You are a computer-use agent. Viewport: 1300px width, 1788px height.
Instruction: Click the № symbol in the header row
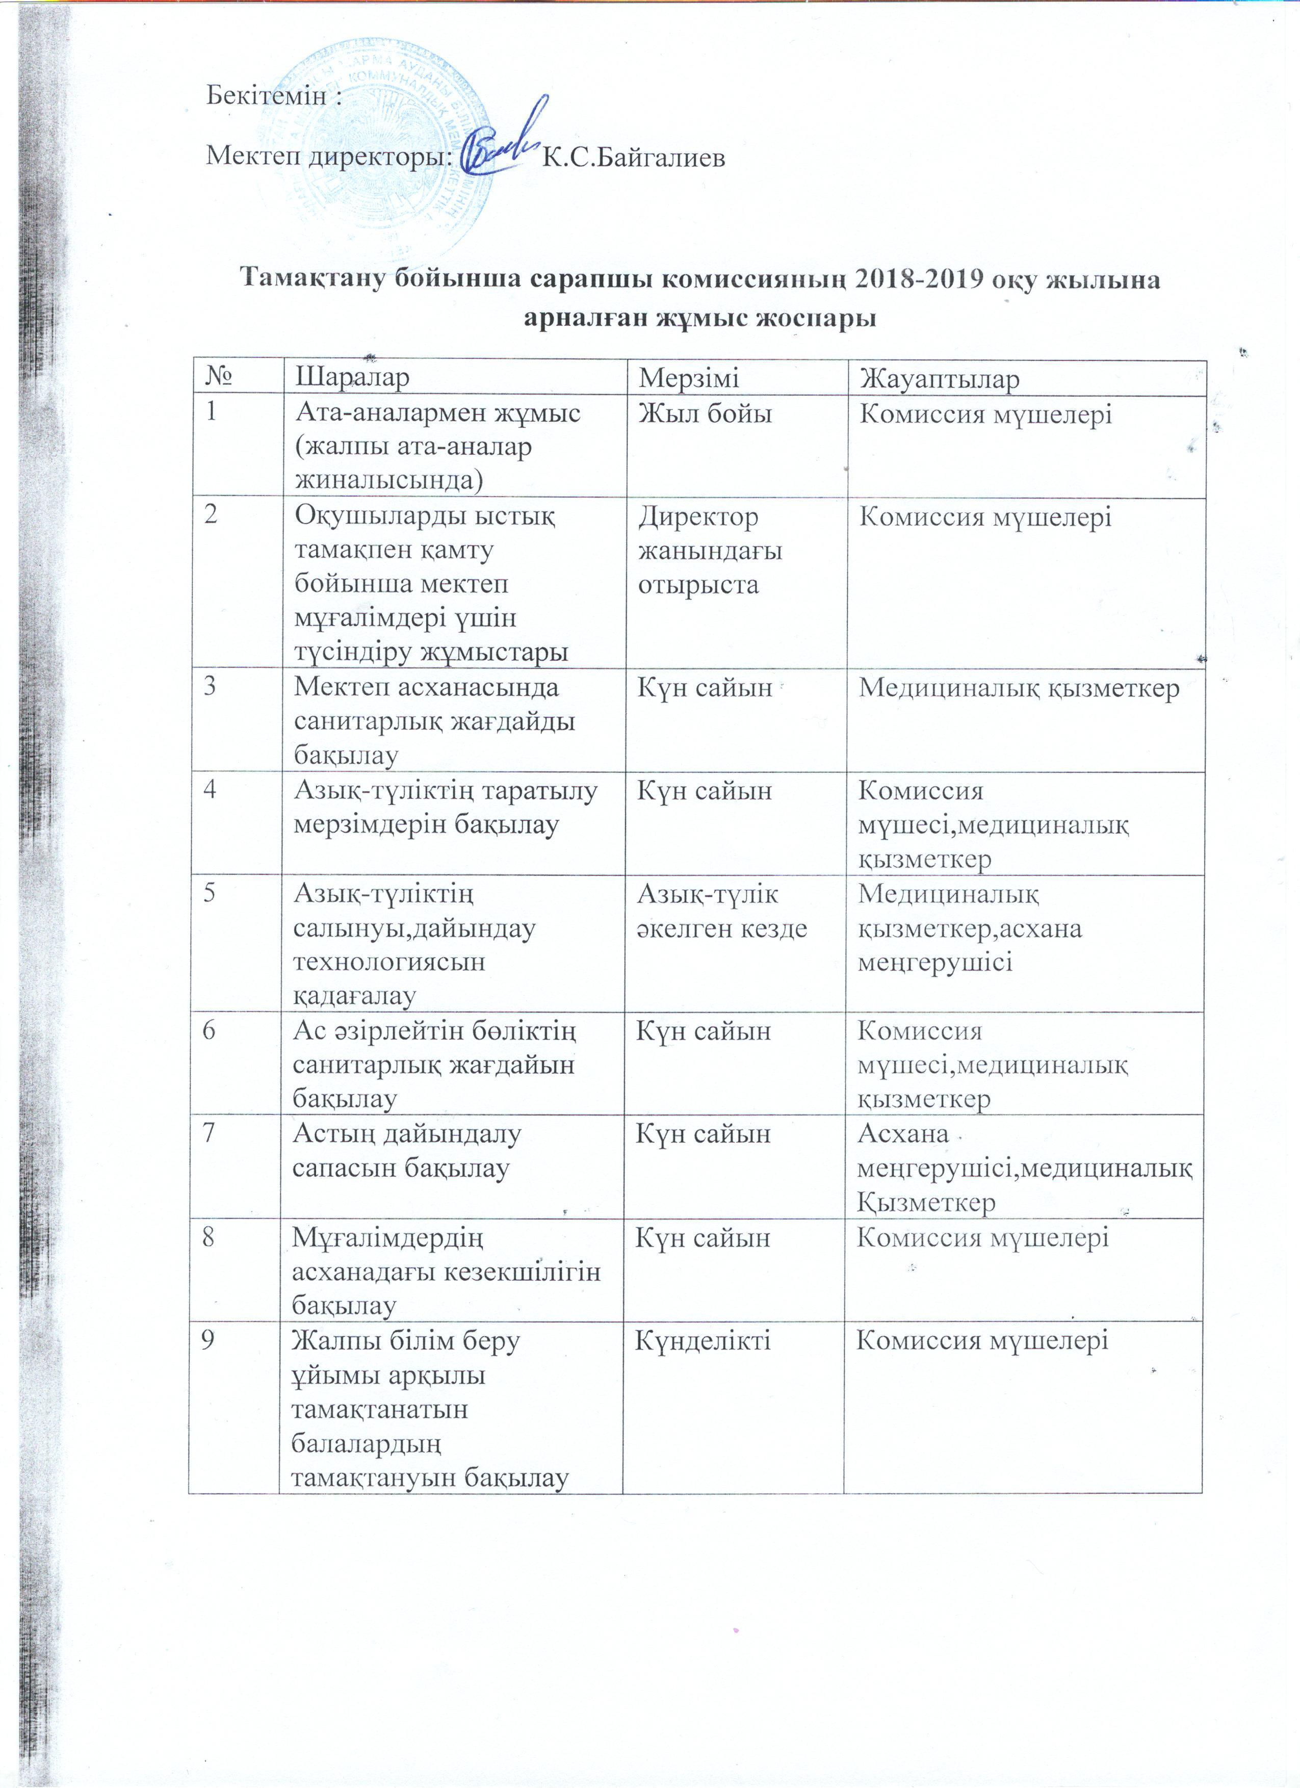[220, 378]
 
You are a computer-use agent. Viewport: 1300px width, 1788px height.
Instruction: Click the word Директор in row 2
[698, 517]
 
